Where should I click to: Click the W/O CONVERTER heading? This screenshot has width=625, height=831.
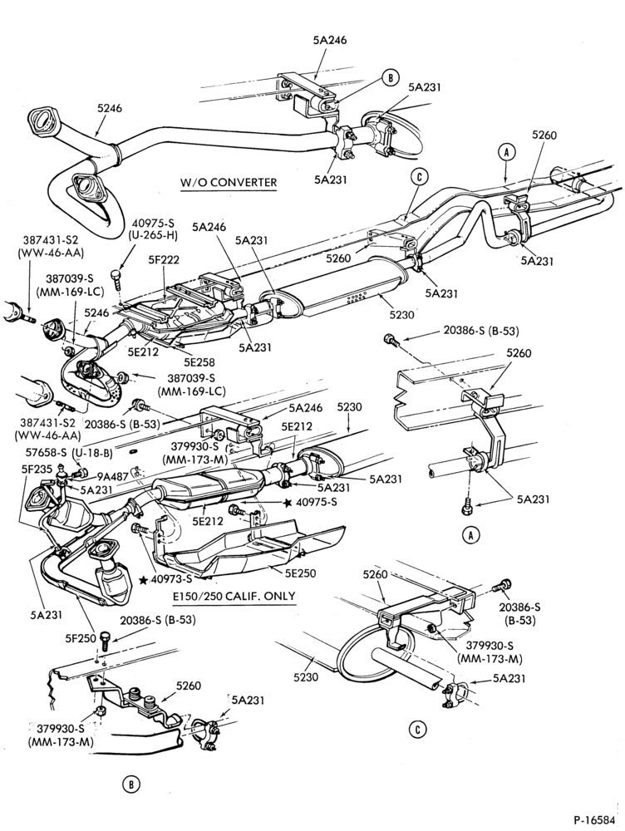[229, 183]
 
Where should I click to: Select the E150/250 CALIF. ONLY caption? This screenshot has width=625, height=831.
[234, 596]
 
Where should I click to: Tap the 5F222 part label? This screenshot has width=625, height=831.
[163, 259]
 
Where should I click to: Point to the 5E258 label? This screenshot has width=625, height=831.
[199, 362]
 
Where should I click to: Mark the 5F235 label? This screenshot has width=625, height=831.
[37, 469]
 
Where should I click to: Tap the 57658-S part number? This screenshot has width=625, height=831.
[46, 453]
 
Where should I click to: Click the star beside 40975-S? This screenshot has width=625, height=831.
[288, 503]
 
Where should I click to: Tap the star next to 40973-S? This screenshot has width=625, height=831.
[143, 580]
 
